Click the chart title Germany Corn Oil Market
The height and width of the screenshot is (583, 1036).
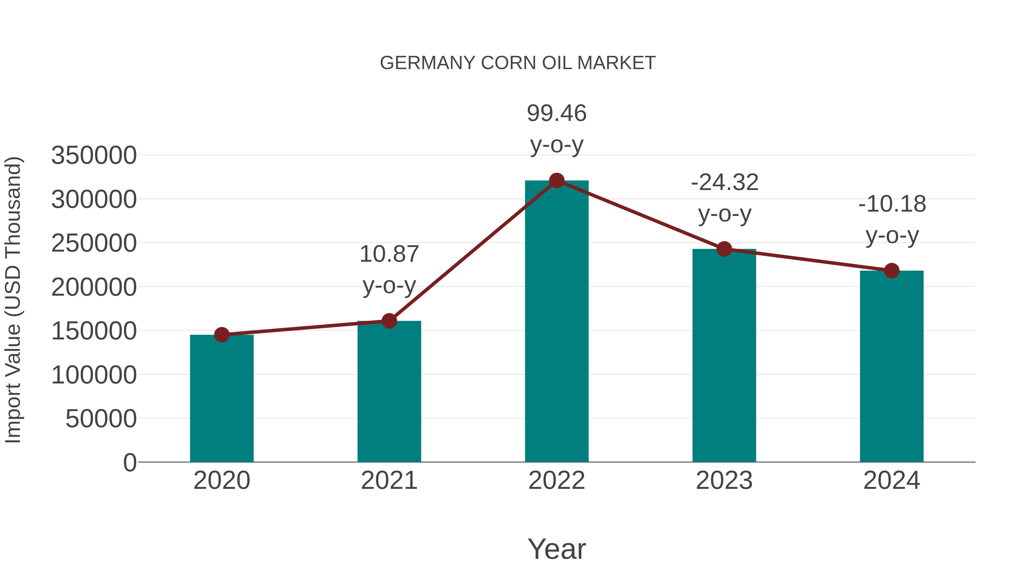coord(518,63)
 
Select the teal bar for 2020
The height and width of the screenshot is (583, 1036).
coord(222,398)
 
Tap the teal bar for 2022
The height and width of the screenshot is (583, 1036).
coord(557,322)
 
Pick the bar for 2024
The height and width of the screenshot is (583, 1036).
coord(892,366)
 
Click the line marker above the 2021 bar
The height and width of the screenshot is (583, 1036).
coord(389,321)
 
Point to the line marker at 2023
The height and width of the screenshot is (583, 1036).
coord(724,249)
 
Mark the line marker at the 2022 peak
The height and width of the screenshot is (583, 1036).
coord(557,180)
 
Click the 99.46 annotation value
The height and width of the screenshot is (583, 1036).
coord(557,113)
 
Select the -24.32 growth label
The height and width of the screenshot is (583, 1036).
coord(724,182)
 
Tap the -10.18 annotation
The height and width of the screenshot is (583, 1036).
coord(892,204)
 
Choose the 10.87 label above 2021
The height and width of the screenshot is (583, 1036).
coord(389,254)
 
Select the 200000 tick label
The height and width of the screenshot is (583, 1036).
coord(94,287)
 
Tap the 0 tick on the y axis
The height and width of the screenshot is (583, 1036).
coord(129,462)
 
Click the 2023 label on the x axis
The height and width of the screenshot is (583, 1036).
coord(724,481)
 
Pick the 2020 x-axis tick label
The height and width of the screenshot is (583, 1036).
coord(222,481)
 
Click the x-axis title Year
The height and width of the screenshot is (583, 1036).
coord(557,549)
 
